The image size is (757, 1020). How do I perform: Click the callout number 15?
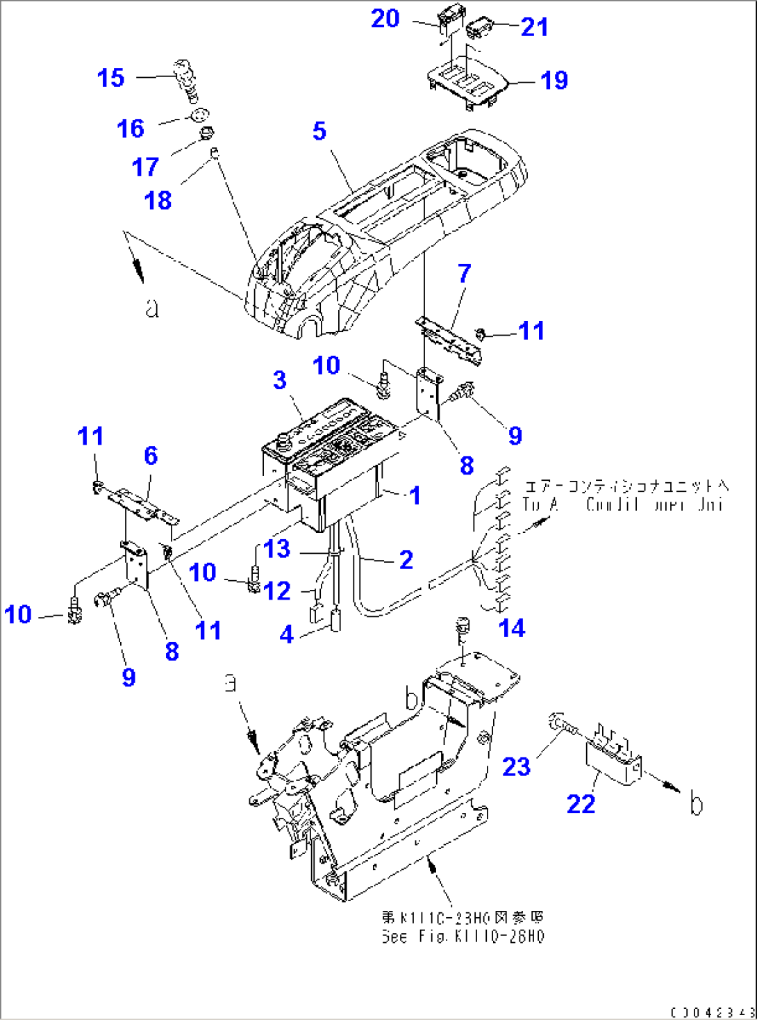(x=110, y=78)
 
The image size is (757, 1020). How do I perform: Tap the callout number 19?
(x=554, y=81)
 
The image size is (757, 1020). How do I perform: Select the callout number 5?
(x=319, y=131)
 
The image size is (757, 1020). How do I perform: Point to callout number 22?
(x=581, y=804)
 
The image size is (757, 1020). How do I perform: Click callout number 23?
(x=516, y=767)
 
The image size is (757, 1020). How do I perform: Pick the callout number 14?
(x=512, y=628)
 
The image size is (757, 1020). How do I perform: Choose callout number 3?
(x=279, y=380)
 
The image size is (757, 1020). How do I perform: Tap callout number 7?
(x=465, y=274)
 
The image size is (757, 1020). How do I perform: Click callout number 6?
(x=151, y=456)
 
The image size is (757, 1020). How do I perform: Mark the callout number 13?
(x=276, y=549)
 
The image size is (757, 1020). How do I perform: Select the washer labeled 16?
(x=199, y=115)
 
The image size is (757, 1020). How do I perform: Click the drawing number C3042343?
(x=713, y=1012)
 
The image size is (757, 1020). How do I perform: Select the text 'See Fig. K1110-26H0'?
(x=463, y=937)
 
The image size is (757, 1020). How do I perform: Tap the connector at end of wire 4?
(x=336, y=619)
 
